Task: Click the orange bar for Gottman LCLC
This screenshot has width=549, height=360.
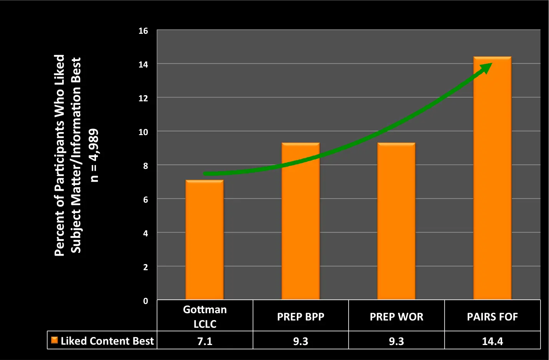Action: (205, 240)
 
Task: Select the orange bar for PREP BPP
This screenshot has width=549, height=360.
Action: (301, 221)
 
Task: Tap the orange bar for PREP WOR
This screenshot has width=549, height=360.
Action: (396, 221)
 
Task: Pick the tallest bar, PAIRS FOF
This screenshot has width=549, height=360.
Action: (492, 178)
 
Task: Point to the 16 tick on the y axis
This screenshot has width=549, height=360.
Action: (143, 31)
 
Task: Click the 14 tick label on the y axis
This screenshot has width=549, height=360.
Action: (143, 64)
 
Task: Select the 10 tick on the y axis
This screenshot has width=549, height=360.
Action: (143, 132)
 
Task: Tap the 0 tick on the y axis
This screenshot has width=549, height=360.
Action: (146, 301)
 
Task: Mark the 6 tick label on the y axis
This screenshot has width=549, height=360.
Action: (146, 200)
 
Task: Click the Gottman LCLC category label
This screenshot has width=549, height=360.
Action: (205, 317)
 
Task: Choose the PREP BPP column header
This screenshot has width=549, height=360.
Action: (301, 317)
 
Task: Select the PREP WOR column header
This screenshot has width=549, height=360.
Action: (396, 317)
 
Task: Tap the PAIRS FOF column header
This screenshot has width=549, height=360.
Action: (492, 317)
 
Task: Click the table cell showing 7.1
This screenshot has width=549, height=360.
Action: (205, 341)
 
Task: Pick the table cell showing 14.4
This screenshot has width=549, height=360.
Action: (492, 341)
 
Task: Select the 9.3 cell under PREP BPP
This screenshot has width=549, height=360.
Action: (301, 341)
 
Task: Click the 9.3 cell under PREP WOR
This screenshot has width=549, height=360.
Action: (396, 341)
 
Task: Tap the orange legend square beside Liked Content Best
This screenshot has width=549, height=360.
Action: (55, 340)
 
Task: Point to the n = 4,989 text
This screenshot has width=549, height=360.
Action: (94, 155)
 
